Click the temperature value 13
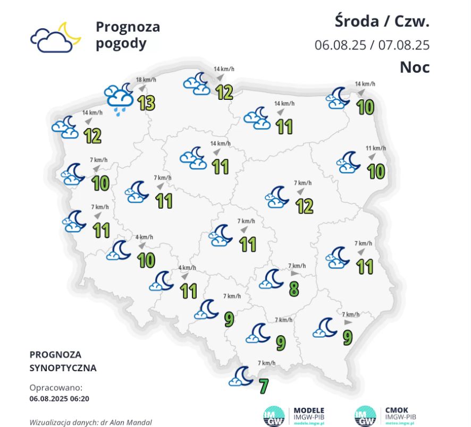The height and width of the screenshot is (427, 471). (146, 103)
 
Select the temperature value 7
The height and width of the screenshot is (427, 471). (263, 386)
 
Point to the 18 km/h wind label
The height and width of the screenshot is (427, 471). (146, 80)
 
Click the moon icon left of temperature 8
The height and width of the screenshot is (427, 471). (273, 278)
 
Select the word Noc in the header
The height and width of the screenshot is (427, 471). (415, 67)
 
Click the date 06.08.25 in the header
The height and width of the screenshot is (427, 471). (340, 45)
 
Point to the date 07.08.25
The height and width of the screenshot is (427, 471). (404, 45)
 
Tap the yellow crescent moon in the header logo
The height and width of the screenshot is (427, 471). (70, 32)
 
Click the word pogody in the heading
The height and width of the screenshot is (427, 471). (121, 43)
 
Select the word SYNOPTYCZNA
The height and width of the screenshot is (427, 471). (63, 368)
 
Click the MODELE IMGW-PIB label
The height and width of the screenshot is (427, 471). (309, 414)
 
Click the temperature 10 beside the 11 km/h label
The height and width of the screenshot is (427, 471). (376, 171)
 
